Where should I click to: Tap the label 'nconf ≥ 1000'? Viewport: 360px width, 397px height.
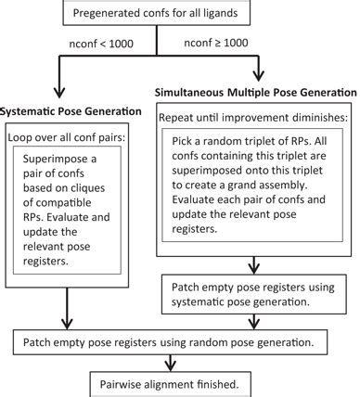[x=242, y=43]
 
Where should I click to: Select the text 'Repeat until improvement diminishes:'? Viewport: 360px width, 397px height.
[x=254, y=120]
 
